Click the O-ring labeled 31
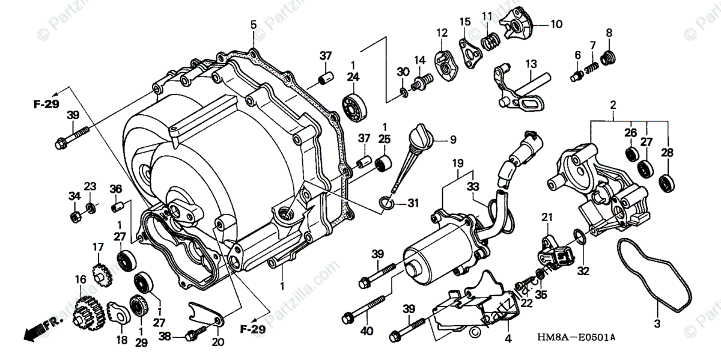click(x=387, y=205)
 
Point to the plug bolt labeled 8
click(x=608, y=57)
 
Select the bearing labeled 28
click(x=666, y=181)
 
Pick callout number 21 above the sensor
click(x=547, y=216)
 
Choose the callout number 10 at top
click(x=556, y=25)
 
